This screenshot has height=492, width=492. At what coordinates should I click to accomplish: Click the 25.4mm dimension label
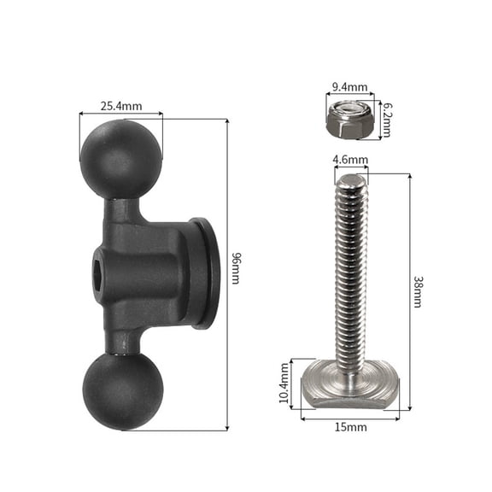tap(120, 107)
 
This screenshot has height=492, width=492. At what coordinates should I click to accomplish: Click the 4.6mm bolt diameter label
tap(351, 160)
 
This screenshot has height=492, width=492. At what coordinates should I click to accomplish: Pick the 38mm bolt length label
tap(417, 291)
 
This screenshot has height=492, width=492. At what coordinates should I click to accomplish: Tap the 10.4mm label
tap(284, 384)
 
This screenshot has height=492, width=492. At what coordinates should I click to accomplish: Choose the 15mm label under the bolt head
tap(351, 426)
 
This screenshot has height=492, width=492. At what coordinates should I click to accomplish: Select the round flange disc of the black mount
tap(204, 273)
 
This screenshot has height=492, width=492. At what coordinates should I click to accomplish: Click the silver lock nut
tap(348, 120)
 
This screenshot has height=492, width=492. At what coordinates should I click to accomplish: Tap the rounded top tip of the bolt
tap(350, 182)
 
